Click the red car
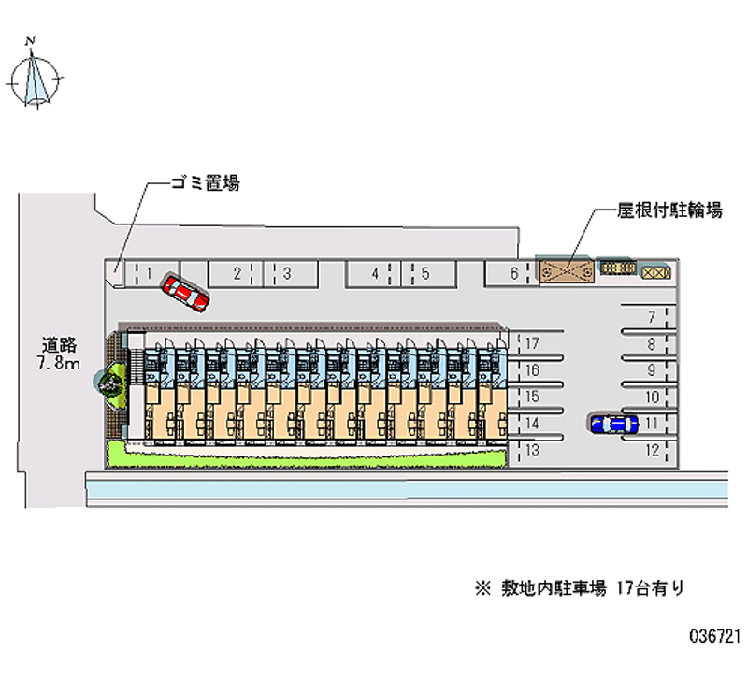[x=185, y=292]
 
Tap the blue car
[x=613, y=424]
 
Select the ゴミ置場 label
[x=205, y=183]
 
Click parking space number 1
[x=149, y=273]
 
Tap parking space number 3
[x=287, y=273]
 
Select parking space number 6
[x=513, y=273]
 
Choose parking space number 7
[x=651, y=317]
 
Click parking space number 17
[x=531, y=343]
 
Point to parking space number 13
[x=530, y=450]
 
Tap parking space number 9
[x=651, y=370]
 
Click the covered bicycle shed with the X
[x=567, y=270]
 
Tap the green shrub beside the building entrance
[x=111, y=383]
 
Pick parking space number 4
[x=375, y=273]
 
